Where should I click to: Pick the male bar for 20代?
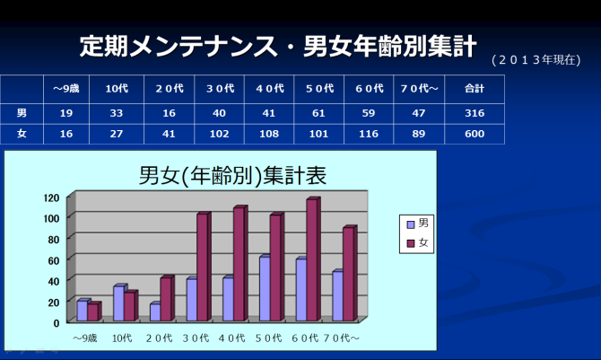click(x=155, y=312)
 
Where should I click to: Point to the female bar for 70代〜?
click(x=348, y=274)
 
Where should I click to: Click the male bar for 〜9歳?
click(x=83, y=311)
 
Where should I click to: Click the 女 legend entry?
click(x=417, y=242)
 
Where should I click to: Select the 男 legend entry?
click(x=417, y=223)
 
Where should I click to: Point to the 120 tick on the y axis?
click(x=51, y=198)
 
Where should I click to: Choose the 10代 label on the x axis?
click(x=123, y=338)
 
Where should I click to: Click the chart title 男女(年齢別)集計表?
click(x=232, y=176)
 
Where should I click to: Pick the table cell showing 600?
click(x=475, y=134)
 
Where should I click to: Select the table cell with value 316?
click(x=475, y=113)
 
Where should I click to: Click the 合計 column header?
click(x=475, y=89)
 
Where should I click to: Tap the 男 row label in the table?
click(x=22, y=113)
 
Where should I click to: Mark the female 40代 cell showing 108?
click(x=269, y=134)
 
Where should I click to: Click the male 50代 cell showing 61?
click(x=319, y=113)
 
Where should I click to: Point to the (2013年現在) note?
click(x=536, y=61)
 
